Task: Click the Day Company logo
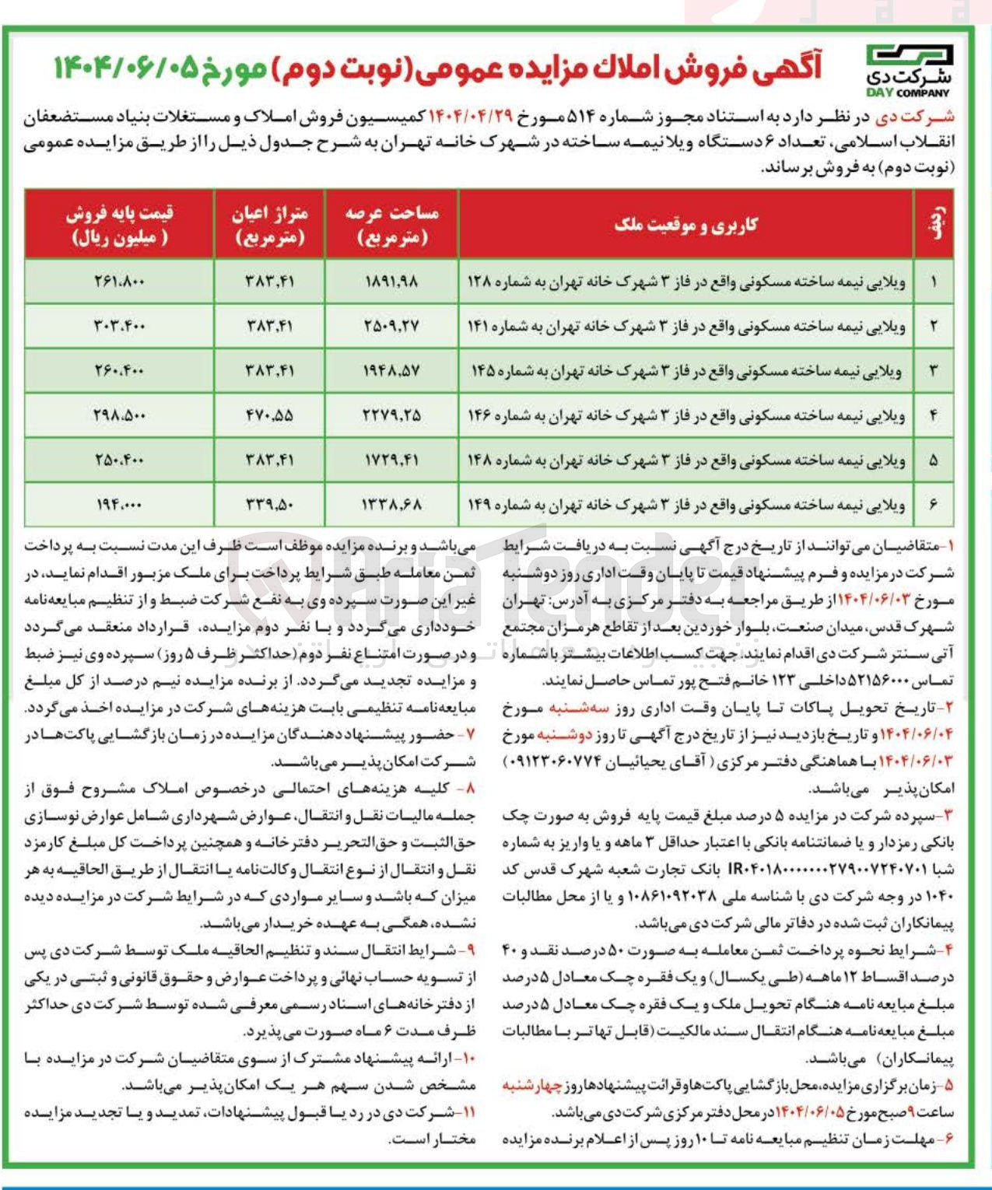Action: [909, 70]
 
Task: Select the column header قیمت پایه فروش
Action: [119, 225]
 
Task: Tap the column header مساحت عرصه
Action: [391, 225]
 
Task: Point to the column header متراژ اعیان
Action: [269, 225]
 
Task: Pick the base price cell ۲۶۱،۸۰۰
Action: [119, 282]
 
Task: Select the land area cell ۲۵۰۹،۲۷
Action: [391, 326]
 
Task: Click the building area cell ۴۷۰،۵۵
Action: [269, 415]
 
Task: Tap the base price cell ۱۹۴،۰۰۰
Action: [119, 505]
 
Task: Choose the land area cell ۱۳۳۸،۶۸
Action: [391, 505]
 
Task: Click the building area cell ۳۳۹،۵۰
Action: [269, 505]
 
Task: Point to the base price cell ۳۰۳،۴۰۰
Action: [119, 326]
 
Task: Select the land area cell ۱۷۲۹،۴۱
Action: [391, 460]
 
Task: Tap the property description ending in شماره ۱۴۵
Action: [685, 371]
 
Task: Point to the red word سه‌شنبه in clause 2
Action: [577, 708]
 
